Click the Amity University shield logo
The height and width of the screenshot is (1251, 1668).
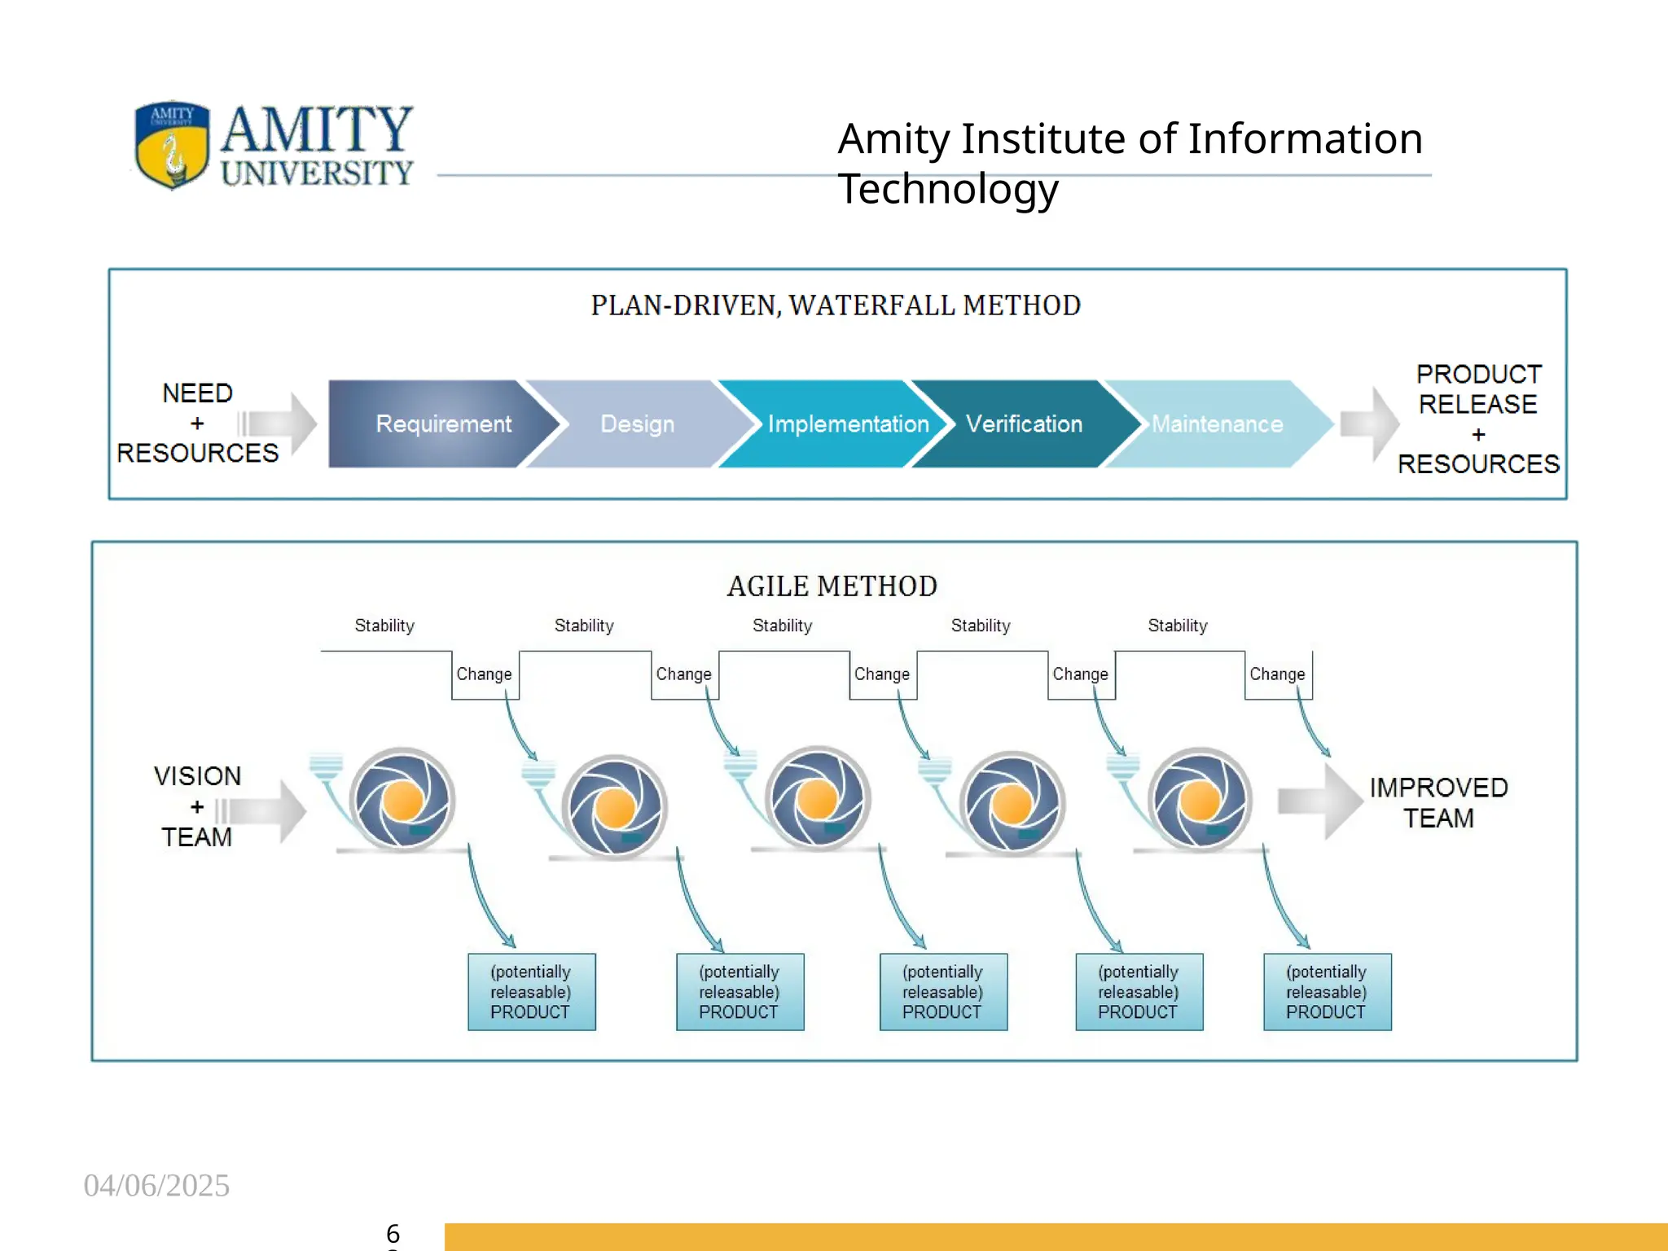(x=172, y=145)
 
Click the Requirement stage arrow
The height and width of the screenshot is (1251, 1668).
(x=440, y=424)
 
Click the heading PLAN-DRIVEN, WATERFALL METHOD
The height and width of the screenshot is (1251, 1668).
(x=836, y=305)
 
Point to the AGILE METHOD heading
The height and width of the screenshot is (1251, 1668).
(x=832, y=586)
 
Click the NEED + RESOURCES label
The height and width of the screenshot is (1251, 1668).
(x=197, y=423)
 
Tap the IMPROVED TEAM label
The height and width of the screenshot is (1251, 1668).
(x=1438, y=802)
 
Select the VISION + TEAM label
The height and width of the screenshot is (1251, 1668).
(x=197, y=805)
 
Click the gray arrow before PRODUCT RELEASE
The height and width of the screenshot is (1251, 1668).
(x=1370, y=424)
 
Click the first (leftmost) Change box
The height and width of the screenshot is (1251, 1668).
(x=485, y=674)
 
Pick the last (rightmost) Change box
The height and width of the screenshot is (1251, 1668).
(x=1278, y=674)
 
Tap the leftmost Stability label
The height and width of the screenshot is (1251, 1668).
(x=384, y=625)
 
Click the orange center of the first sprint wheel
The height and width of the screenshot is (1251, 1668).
(x=402, y=801)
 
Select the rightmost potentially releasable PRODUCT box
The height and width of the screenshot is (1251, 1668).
(x=1327, y=992)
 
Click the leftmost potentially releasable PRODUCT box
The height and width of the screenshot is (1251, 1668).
(x=531, y=992)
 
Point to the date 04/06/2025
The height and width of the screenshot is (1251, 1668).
(x=156, y=1185)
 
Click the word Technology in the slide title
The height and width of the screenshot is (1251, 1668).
(x=948, y=189)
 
